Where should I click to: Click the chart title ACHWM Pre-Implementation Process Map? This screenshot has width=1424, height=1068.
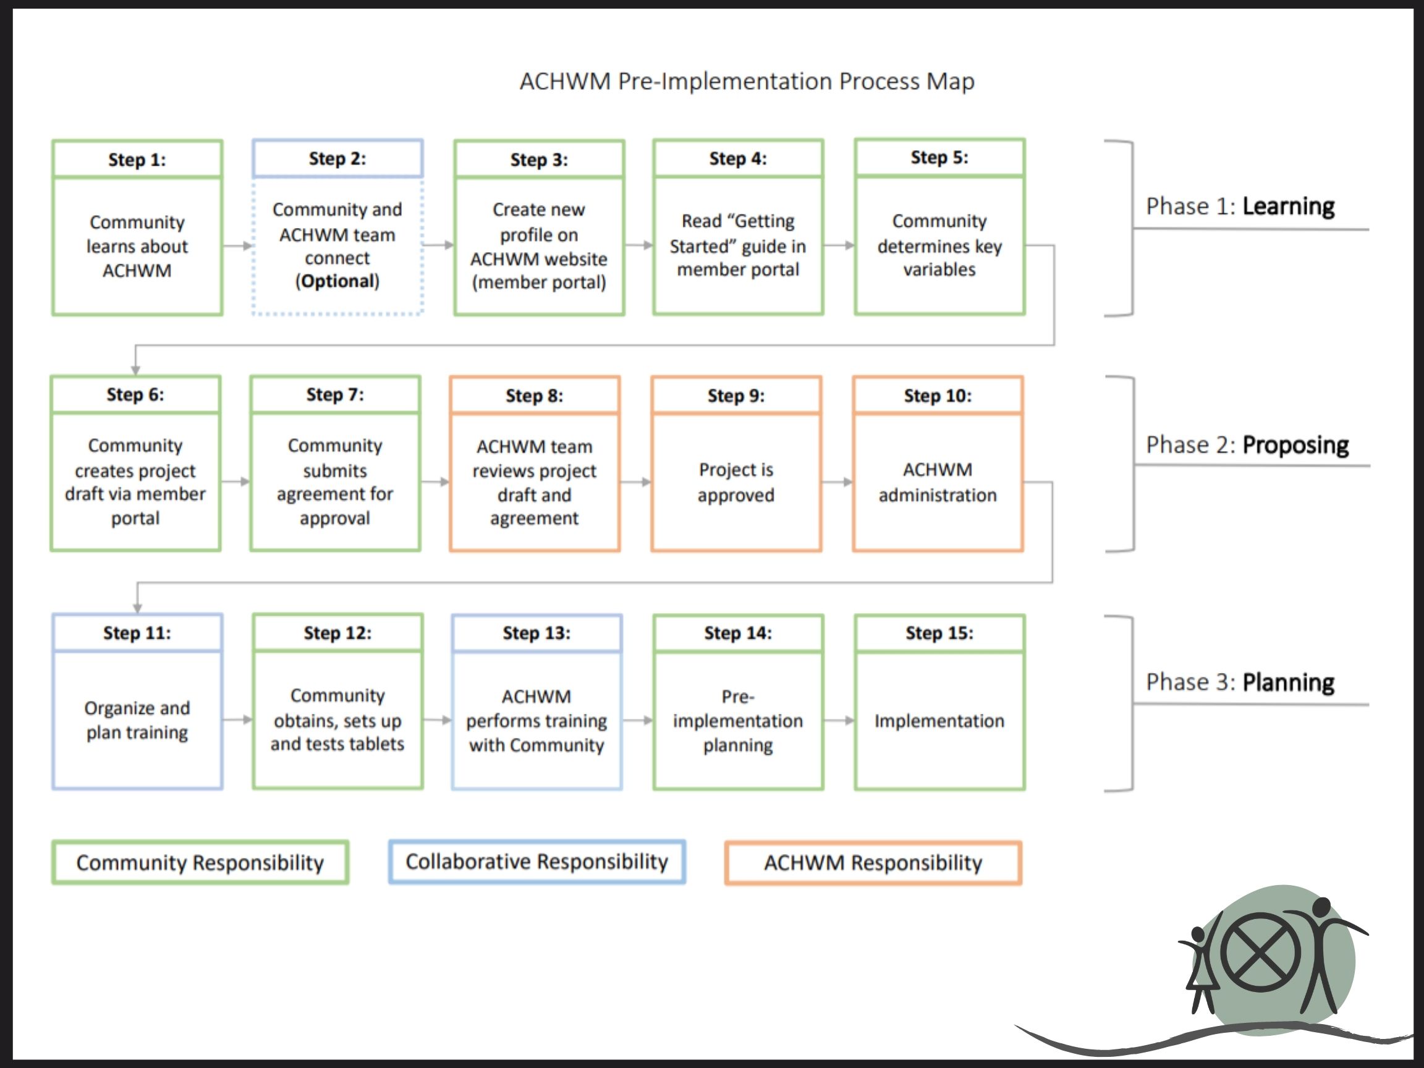click(x=747, y=82)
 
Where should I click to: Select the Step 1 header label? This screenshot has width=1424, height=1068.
click(x=137, y=159)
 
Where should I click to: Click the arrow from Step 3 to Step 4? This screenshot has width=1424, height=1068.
click(x=638, y=245)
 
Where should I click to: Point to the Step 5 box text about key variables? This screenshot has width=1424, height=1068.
click(x=939, y=245)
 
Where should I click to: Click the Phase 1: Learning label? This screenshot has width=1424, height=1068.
click(x=1240, y=206)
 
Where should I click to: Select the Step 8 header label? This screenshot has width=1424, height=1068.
click(x=535, y=396)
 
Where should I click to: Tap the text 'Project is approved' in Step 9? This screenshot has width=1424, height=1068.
click(x=736, y=482)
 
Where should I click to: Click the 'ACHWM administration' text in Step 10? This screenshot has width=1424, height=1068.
click(x=938, y=482)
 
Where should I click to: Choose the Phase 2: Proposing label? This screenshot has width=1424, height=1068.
click(x=1247, y=445)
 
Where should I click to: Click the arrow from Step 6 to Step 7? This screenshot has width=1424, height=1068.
click(x=235, y=481)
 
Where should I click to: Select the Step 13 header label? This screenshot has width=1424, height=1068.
click(x=536, y=634)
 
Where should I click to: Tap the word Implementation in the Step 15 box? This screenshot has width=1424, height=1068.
click(x=939, y=721)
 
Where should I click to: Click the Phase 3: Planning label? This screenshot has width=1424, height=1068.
click(x=1240, y=682)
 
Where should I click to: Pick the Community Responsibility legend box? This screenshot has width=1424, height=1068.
click(x=200, y=863)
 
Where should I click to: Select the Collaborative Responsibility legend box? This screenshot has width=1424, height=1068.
click(x=537, y=862)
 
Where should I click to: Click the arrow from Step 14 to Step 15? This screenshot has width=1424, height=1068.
click(x=839, y=721)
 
